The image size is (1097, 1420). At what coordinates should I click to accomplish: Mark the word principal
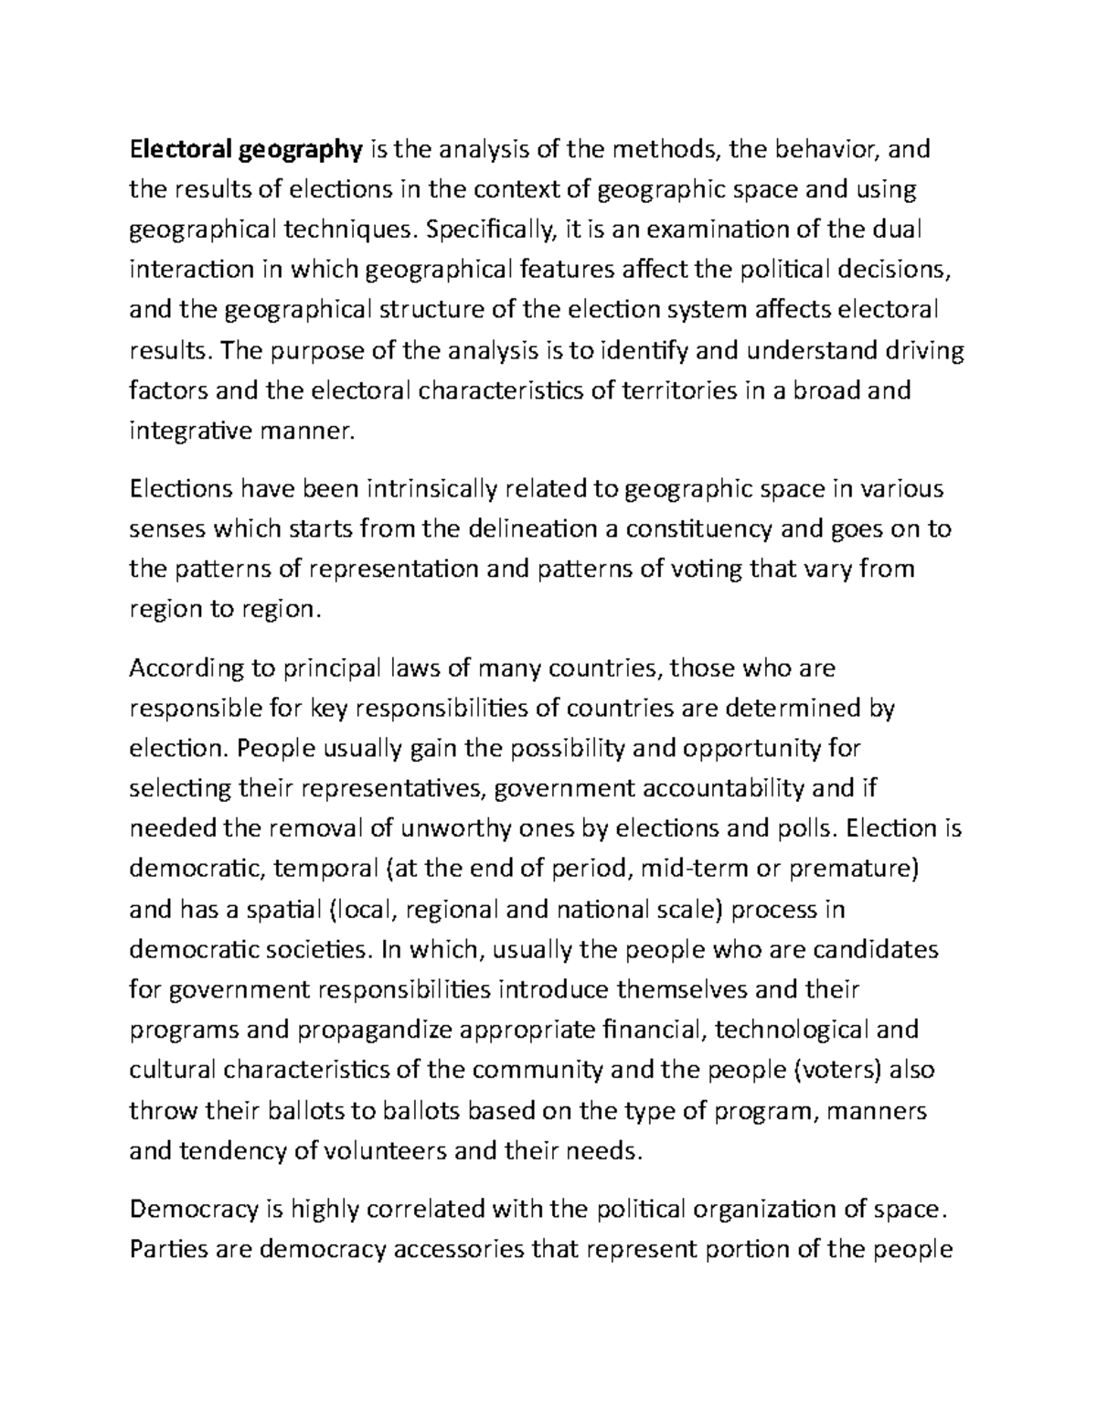point(309,668)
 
